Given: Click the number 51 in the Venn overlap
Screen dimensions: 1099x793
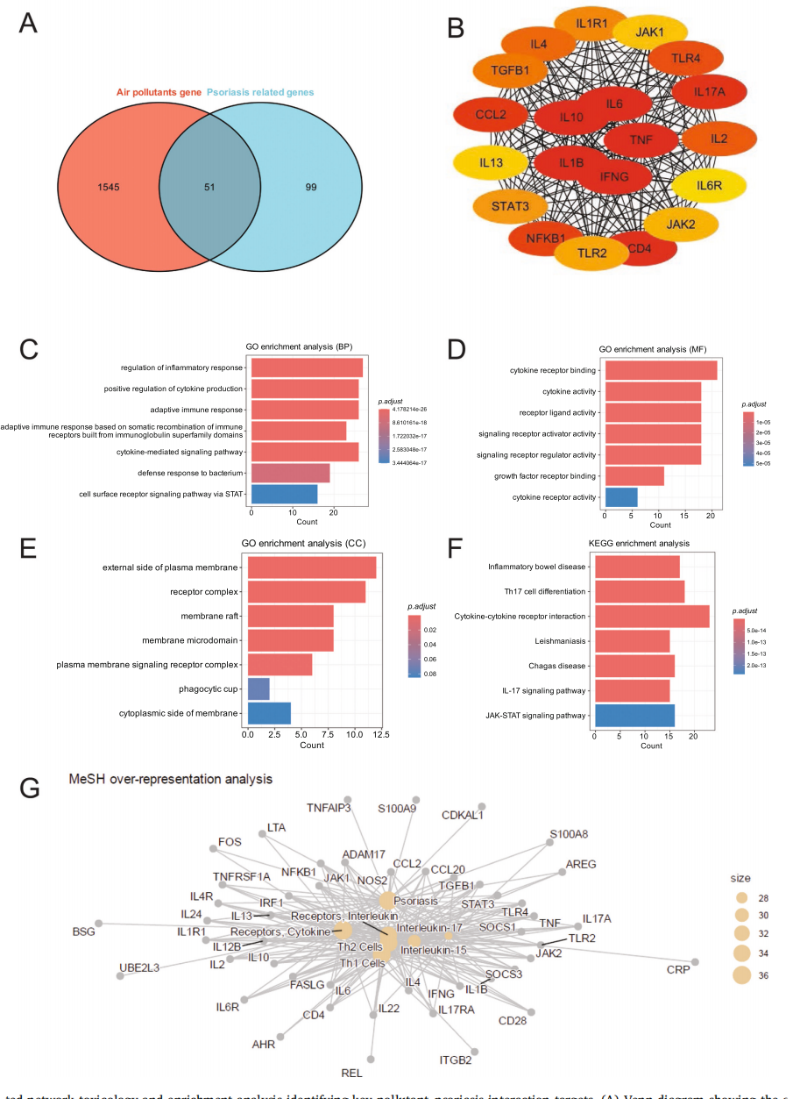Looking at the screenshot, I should pos(209,188).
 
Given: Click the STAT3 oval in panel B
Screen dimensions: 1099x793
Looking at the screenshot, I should pos(511,207).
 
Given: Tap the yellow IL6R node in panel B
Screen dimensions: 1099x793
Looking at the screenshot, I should pos(708,185).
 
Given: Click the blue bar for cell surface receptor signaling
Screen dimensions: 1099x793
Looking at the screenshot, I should pos(284,494).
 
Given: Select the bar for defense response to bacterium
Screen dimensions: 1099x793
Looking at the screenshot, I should pos(290,474).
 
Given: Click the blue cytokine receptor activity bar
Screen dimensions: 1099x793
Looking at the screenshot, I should pos(620,496).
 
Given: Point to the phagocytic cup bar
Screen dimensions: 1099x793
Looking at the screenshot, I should pos(258,689).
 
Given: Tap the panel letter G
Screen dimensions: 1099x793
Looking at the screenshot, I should pos(29,788).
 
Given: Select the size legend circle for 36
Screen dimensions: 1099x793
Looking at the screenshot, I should pos(742,975).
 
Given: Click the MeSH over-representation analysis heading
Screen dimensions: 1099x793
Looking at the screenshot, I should pos(171,778).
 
